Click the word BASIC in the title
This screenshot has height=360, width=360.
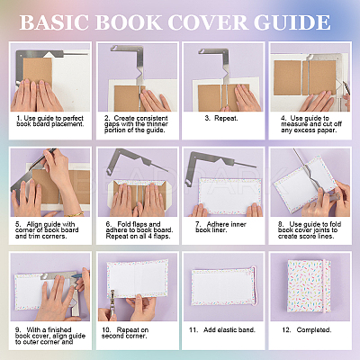[54, 22]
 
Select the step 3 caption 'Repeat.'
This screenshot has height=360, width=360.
[221, 118]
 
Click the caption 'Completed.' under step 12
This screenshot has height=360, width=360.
[307, 330]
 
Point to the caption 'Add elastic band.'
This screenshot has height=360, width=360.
[222, 330]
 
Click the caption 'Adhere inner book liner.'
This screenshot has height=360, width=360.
[220, 227]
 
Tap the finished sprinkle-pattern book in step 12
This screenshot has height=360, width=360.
[309, 286]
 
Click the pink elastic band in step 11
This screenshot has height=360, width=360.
[255, 285]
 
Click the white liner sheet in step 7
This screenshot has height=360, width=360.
[229, 196]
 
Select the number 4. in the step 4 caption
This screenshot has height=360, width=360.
[283, 118]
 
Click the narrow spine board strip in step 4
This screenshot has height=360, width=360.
[306, 77]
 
